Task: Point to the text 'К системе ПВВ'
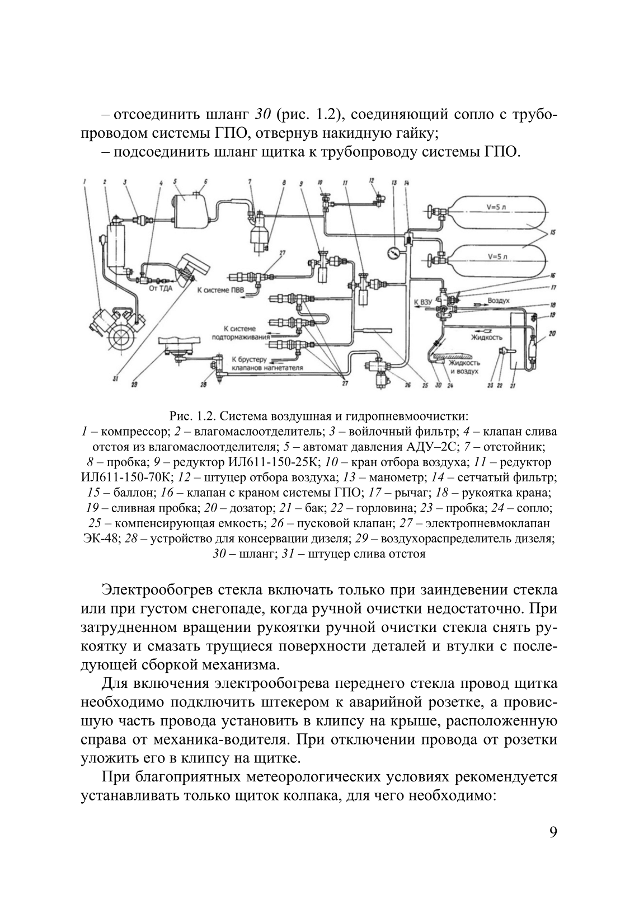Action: point(222,291)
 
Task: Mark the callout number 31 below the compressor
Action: point(115,379)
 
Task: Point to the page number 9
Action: point(553,847)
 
